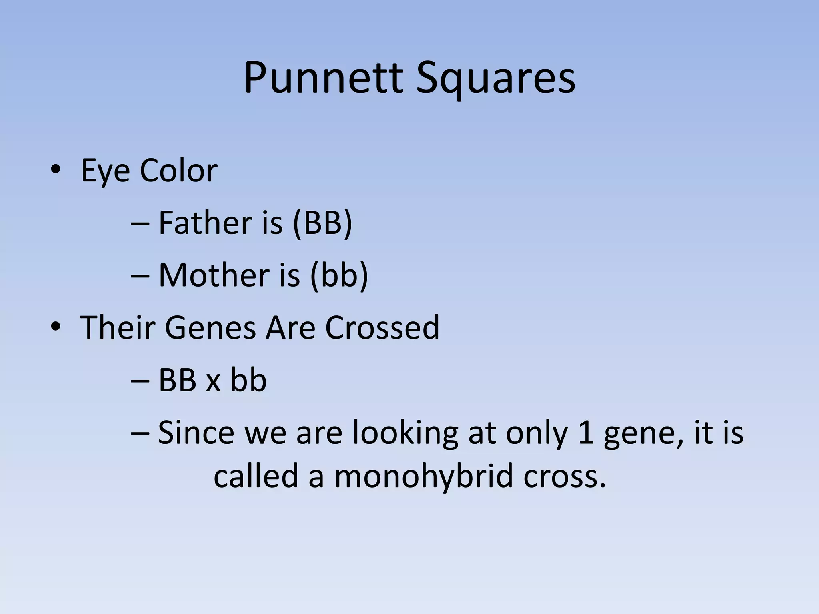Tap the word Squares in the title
coord(495,78)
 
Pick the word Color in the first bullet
coord(178,171)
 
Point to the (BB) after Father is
coord(322,223)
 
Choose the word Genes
coord(210,327)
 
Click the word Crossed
coord(382,327)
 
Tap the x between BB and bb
coord(213,381)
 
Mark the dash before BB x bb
coord(140,381)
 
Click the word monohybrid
coord(423,477)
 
